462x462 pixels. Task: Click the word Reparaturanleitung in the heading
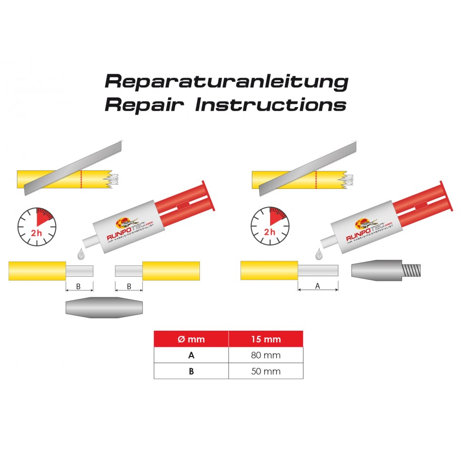click(x=226, y=81)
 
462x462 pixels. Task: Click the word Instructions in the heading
click(x=271, y=105)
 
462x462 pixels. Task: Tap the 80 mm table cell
click(x=266, y=355)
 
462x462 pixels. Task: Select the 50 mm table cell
click(x=266, y=371)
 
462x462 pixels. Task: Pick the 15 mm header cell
click(x=266, y=339)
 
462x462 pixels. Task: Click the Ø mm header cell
click(x=191, y=339)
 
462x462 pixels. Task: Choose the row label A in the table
click(x=191, y=355)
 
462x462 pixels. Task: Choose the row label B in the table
click(x=191, y=371)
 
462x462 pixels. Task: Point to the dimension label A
click(x=318, y=286)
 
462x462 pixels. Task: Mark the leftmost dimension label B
click(x=79, y=286)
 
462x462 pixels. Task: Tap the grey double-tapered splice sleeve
click(x=105, y=307)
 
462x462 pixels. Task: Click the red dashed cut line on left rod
click(x=81, y=179)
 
